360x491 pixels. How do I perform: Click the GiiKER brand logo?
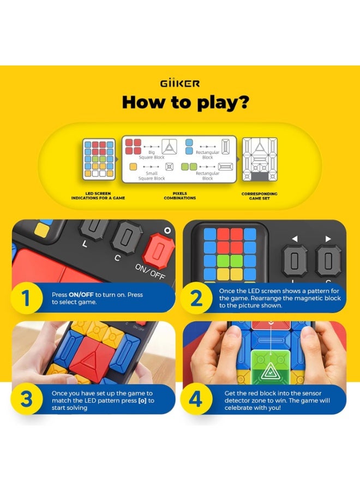click(x=180, y=83)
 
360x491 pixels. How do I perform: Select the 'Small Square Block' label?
click(x=152, y=176)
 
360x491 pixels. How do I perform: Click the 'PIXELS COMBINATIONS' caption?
click(x=179, y=196)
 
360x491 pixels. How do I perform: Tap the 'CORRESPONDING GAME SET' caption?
click(x=260, y=196)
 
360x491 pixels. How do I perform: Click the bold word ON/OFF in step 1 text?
click(x=80, y=295)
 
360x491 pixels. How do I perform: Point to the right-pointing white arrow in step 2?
click(x=327, y=238)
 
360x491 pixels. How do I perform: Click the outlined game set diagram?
click(x=260, y=159)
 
